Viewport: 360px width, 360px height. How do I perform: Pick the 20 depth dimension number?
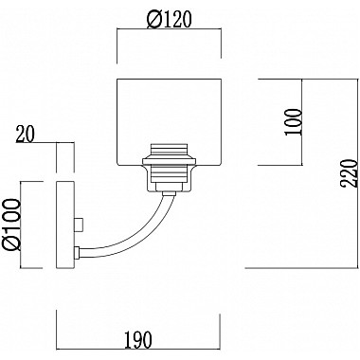[x=25, y=134]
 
